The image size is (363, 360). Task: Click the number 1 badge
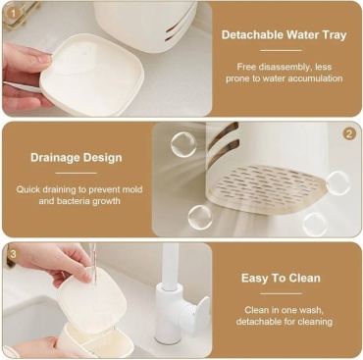pos(13,14)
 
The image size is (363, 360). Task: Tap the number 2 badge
pos(349,134)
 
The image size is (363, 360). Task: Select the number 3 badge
pos(13,254)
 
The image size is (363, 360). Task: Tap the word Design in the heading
pos(102,158)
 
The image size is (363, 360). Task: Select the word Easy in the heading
pos(253,279)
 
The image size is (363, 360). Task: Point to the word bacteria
pos(74,201)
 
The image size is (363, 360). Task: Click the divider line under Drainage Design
pos(77,174)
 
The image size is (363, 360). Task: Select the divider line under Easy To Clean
pos(281,293)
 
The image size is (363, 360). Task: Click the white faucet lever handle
pos(200,312)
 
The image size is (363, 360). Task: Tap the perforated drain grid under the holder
pos(267,185)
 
